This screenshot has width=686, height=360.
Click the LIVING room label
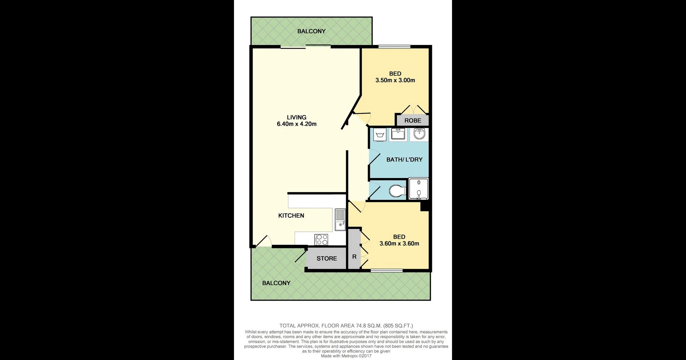(296, 117)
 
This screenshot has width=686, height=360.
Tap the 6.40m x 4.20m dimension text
(296, 124)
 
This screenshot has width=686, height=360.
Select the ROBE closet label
(412, 121)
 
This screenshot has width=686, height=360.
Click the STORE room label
(327, 258)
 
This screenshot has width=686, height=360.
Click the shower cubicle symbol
(418, 188)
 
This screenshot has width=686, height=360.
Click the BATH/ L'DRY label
(404, 160)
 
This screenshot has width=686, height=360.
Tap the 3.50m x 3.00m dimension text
(395, 80)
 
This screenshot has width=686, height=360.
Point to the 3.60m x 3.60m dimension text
(399, 244)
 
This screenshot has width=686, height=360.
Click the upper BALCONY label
(311, 31)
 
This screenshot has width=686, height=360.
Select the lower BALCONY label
(276, 283)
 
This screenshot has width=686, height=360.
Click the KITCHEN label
(291, 216)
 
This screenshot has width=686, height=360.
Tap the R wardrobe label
(354, 257)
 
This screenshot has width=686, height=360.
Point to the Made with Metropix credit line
(346, 356)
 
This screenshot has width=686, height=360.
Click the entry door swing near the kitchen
(263, 242)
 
